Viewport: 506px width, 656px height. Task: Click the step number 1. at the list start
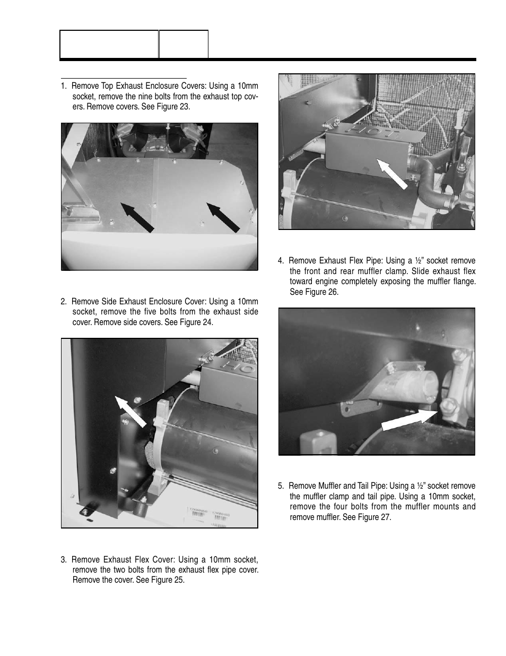[64, 86]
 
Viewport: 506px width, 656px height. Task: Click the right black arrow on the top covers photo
[223, 217]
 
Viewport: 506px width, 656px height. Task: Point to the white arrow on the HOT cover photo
[392, 173]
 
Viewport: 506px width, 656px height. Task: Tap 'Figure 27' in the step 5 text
[374, 517]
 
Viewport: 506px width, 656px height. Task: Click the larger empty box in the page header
[109, 44]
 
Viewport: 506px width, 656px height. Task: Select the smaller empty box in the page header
[184, 44]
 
